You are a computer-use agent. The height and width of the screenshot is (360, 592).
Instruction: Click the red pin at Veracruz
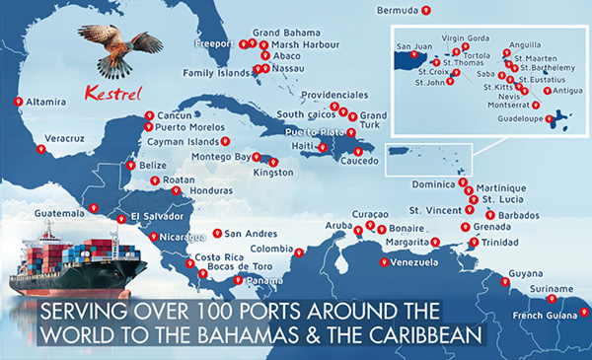(x=40, y=150)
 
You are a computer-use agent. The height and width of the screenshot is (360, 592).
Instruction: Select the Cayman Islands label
(x=184, y=141)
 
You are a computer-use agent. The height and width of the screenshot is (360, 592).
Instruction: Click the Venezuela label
(x=414, y=263)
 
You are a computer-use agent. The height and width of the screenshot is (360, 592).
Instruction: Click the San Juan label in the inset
(x=414, y=46)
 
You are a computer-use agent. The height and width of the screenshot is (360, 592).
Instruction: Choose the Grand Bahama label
(x=282, y=32)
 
